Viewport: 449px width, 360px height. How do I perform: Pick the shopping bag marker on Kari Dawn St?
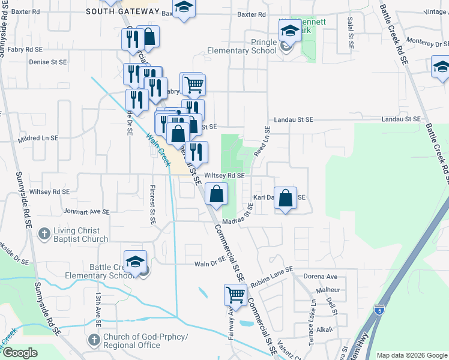(x=286, y=199)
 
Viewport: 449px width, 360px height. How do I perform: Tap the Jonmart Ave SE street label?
(x=85, y=212)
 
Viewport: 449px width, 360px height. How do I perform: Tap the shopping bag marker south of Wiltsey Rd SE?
(x=217, y=194)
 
